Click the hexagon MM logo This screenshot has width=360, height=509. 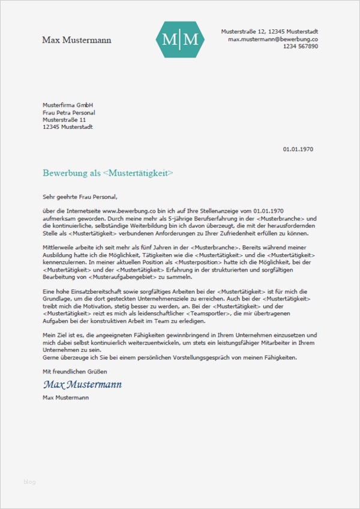point(180,40)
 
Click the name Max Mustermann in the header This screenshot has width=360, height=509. point(76,40)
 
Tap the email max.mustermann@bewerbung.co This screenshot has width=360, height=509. point(273,38)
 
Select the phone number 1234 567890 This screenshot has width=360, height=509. point(300,46)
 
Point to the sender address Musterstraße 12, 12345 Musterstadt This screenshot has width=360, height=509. point(269,31)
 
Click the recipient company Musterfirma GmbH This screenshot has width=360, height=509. point(68,105)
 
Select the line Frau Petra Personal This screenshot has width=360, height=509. point(69,112)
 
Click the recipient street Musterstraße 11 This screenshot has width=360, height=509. point(64,119)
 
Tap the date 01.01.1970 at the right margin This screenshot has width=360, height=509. point(298,149)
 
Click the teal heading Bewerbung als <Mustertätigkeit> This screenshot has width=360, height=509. point(108,173)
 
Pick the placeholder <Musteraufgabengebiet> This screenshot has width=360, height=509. point(128,276)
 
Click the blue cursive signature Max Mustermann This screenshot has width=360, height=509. point(82,384)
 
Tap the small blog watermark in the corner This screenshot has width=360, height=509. point(30,481)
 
